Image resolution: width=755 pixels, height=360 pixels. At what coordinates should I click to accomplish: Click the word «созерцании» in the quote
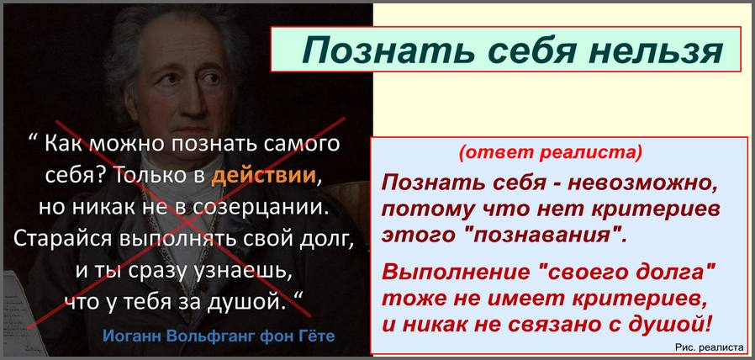click(258, 207)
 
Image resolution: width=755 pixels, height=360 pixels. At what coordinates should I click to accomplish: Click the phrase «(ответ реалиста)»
click(550, 153)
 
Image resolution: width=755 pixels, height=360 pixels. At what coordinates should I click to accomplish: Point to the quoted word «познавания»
click(543, 236)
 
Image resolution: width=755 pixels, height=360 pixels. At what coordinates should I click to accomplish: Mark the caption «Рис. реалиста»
click(710, 346)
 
